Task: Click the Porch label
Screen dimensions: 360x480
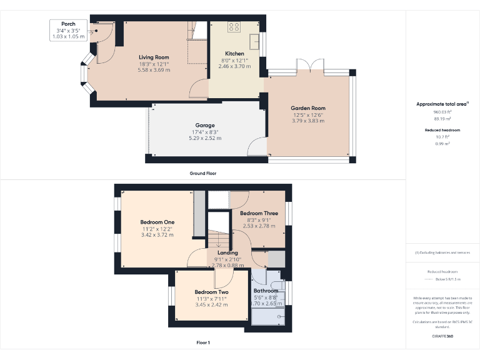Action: (68, 24)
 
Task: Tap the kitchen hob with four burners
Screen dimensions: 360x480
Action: (234, 27)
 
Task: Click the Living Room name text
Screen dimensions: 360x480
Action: (154, 57)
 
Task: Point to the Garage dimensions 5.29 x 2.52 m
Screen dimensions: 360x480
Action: (205, 138)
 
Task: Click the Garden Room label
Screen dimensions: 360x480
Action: (308, 108)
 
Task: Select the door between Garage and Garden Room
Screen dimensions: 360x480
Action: (257, 148)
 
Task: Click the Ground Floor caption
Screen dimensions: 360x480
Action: (202, 173)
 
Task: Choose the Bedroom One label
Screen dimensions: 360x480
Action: (157, 222)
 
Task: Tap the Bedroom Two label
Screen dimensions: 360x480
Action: (211, 292)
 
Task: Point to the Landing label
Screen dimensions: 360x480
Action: (227, 253)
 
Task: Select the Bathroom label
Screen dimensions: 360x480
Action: (266, 291)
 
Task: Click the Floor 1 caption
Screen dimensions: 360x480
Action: (202, 342)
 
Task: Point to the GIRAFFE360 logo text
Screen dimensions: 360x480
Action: (442, 336)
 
